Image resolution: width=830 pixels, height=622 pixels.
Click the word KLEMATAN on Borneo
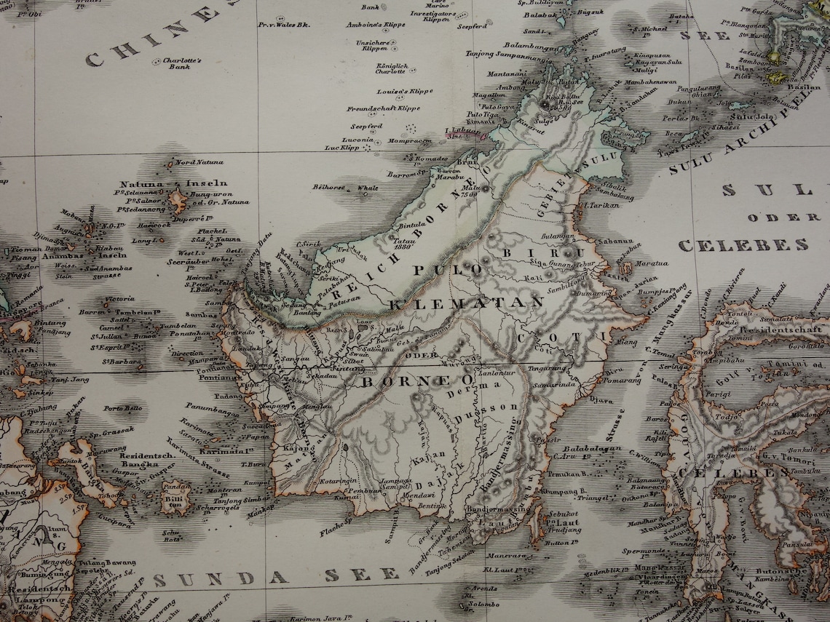[x=467, y=303]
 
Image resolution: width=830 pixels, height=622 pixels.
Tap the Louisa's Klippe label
[x=405, y=92]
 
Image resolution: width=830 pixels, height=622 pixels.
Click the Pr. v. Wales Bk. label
[x=284, y=24]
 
